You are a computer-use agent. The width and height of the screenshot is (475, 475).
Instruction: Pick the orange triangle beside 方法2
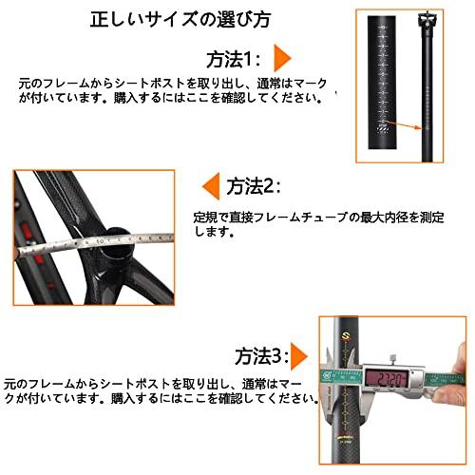click(208, 184)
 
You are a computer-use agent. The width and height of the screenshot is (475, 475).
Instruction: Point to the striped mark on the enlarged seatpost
click(385, 126)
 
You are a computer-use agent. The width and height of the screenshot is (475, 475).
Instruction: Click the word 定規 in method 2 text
click(206, 217)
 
